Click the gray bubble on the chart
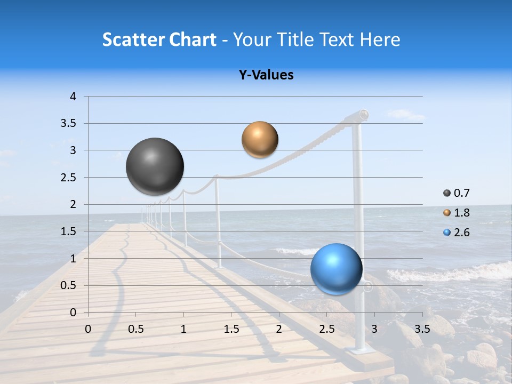pyautogui.click(x=155, y=166)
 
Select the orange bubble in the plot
pyautogui.click(x=260, y=140)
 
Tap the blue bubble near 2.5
pyautogui.click(x=336, y=269)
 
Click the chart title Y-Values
pyautogui.click(x=266, y=75)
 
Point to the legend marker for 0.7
pyautogui.click(x=447, y=193)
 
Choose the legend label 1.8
pyautogui.click(x=461, y=213)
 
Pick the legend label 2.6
pyautogui.click(x=461, y=233)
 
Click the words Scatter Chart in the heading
pyautogui.click(x=159, y=39)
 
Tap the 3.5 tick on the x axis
pyautogui.click(x=422, y=329)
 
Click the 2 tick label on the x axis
pyautogui.click(x=279, y=329)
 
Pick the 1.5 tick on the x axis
pyautogui.click(x=231, y=329)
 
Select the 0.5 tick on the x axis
pyautogui.click(x=135, y=329)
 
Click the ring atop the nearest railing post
pyautogui.click(x=364, y=114)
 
